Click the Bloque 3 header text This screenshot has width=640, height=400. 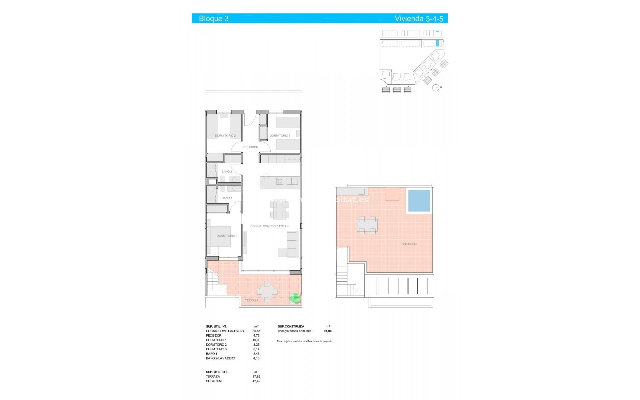click(x=214, y=19)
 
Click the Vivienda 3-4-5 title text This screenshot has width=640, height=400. click(x=419, y=19)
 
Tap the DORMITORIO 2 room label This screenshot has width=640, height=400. click(x=225, y=136)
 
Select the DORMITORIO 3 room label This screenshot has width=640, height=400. click(x=280, y=136)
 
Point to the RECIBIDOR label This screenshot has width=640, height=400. click(x=250, y=147)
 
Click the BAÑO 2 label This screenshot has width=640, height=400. click(x=226, y=172)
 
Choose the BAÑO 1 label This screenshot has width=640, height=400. click(x=227, y=198)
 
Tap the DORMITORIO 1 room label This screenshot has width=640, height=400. click(x=227, y=236)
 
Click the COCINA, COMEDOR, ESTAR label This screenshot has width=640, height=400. click(x=269, y=226)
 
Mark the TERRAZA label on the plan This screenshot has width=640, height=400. click(x=252, y=300)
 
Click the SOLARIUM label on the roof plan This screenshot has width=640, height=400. click(x=409, y=244)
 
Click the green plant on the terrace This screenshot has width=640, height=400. click(x=295, y=298)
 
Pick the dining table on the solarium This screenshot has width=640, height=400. click(x=367, y=226)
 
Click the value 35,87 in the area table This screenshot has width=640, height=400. click(x=256, y=331)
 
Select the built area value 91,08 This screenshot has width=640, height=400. click(x=328, y=331)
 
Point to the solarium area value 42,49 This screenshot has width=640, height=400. click(x=256, y=381)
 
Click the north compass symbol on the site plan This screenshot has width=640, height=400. click(x=436, y=88)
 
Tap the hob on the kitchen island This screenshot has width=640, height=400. click(x=280, y=181)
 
